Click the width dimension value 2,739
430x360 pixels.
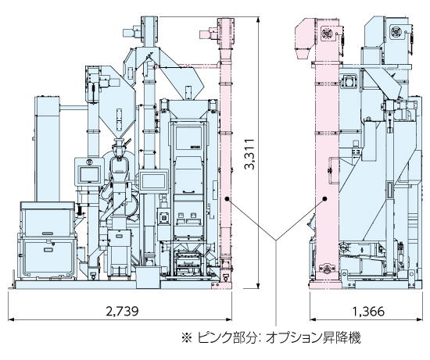[x=122, y=311]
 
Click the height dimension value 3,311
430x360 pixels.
[x=250, y=155]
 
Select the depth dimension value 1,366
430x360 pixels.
[x=368, y=312]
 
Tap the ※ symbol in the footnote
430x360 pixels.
[x=188, y=338]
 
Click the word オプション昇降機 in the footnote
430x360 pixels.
[x=314, y=338]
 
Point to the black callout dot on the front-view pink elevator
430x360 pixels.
[x=227, y=199]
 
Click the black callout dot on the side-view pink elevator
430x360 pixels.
[x=325, y=199]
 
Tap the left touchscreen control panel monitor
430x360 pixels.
[x=89, y=174]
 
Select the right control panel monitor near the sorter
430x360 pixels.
[x=153, y=181]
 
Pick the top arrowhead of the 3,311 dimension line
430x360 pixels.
[x=258, y=20]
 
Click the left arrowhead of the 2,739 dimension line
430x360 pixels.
[x=11, y=319]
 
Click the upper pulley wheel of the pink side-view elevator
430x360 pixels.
[x=327, y=33]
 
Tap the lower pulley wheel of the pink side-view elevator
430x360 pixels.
[x=327, y=268]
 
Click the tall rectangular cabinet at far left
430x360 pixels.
[x=47, y=148]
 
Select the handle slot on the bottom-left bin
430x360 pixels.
[x=48, y=250]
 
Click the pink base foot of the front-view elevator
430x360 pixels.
[x=222, y=285]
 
